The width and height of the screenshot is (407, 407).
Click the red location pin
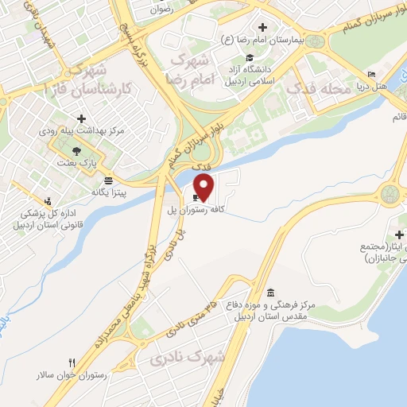(205, 187)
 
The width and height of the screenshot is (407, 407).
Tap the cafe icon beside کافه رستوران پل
(196, 198)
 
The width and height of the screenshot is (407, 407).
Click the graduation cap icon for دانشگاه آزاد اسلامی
(250, 57)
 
